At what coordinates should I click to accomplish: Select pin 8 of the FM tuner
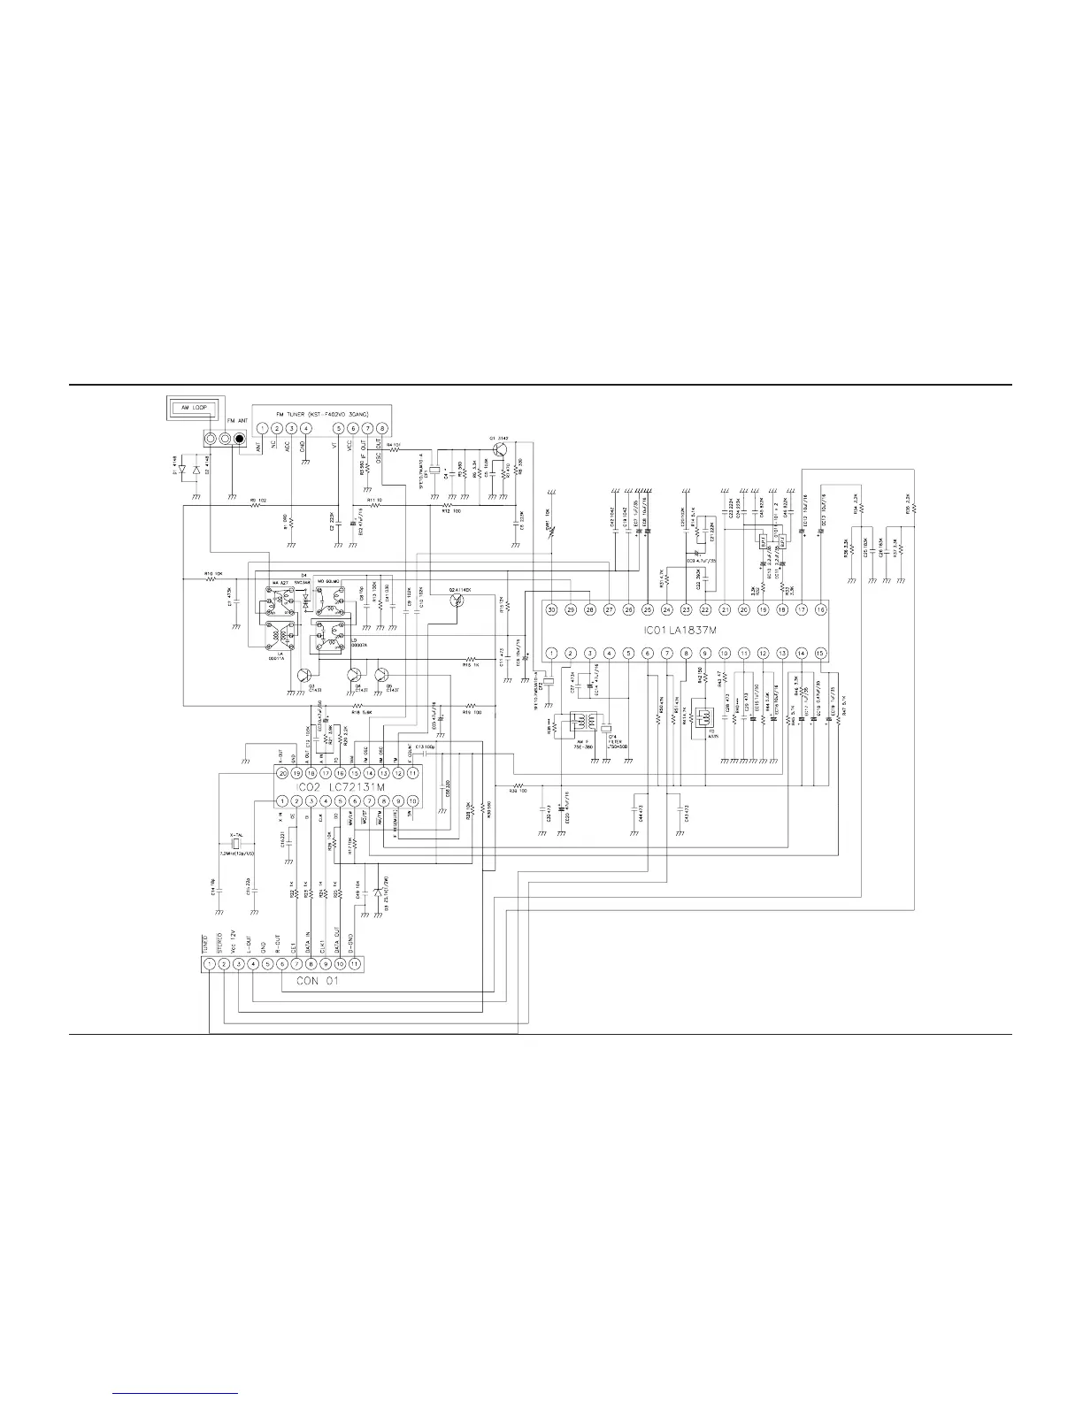point(381,429)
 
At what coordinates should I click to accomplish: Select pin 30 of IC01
point(551,609)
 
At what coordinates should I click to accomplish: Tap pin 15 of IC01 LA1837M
point(820,654)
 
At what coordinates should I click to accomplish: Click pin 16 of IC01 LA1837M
point(820,609)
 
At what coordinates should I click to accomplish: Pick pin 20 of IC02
point(282,772)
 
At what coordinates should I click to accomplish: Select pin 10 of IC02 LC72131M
point(411,801)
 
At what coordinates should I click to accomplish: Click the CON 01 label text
point(317,981)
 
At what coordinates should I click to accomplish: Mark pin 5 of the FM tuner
point(338,429)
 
